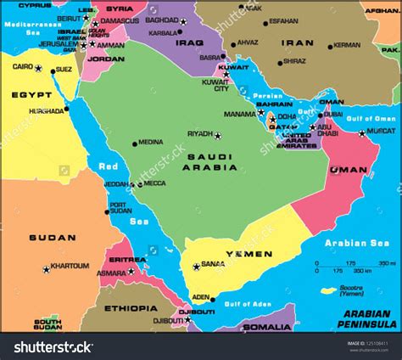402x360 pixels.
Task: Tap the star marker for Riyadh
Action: point(217,135)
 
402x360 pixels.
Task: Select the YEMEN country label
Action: point(248,254)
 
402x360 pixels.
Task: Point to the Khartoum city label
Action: point(70,266)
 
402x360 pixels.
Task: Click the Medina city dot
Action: point(134,143)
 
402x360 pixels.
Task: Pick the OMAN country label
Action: point(348,170)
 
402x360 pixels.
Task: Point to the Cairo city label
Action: point(23,65)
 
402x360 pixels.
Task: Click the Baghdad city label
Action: point(160,20)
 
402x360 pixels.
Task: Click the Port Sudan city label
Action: point(119,207)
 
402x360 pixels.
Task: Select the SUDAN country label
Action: point(46,238)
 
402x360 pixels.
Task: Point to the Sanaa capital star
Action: point(196,267)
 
